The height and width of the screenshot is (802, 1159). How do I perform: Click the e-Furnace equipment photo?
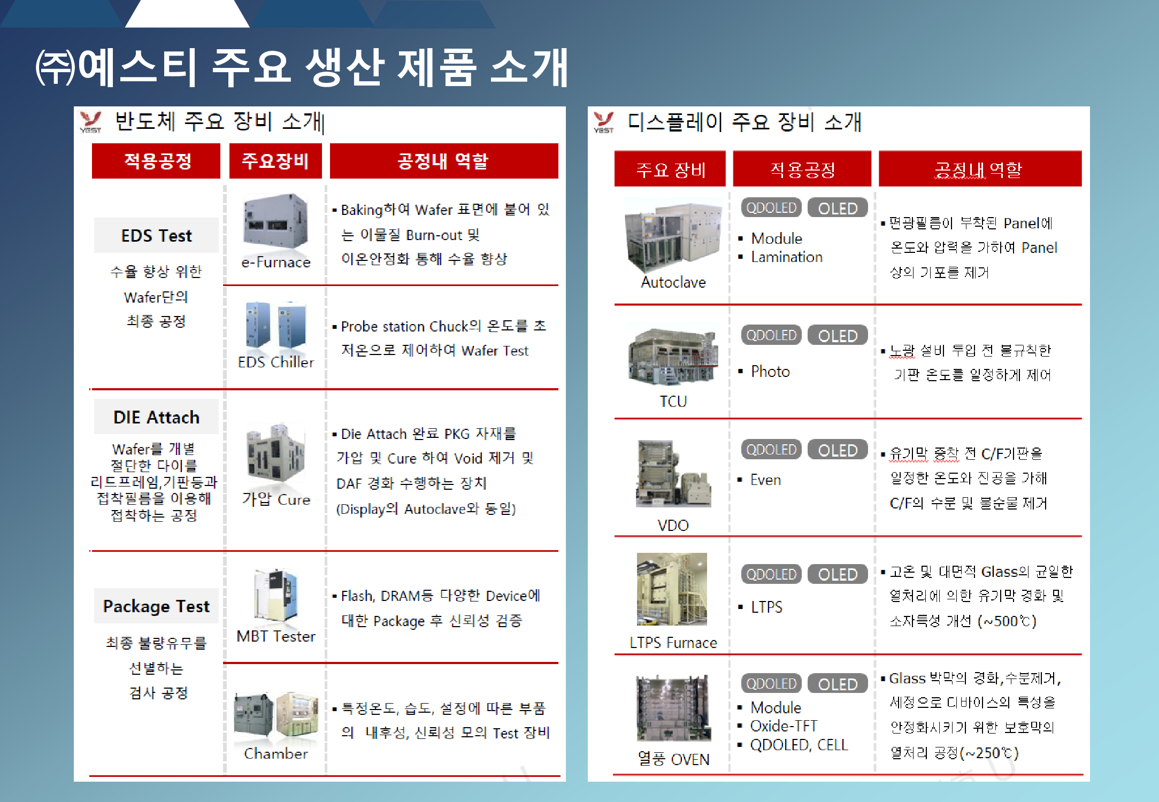click(x=275, y=221)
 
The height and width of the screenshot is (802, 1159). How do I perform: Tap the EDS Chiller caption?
click(x=276, y=363)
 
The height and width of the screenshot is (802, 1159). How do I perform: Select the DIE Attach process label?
click(x=156, y=417)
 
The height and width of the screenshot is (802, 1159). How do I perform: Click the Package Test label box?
click(x=156, y=606)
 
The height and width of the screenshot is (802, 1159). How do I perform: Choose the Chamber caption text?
click(x=276, y=754)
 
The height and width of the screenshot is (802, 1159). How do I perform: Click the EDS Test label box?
click(x=156, y=235)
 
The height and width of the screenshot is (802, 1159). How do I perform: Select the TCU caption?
click(x=673, y=401)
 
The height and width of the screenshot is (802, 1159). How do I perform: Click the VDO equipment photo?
click(x=673, y=474)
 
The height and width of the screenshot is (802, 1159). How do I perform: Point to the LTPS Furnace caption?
click(x=673, y=643)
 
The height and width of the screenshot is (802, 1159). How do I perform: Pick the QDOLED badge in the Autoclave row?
click(x=771, y=208)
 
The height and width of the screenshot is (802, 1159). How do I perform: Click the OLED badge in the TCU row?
click(x=838, y=336)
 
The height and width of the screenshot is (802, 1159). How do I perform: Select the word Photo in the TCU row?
click(x=770, y=372)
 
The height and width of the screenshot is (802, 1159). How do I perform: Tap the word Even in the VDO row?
click(x=765, y=480)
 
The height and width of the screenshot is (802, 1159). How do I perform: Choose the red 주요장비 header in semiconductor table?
click(x=275, y=161)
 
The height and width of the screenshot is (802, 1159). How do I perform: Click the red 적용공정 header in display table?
click(x=802, y=169)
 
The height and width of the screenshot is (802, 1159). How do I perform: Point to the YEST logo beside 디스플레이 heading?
click(x=604, y=122)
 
